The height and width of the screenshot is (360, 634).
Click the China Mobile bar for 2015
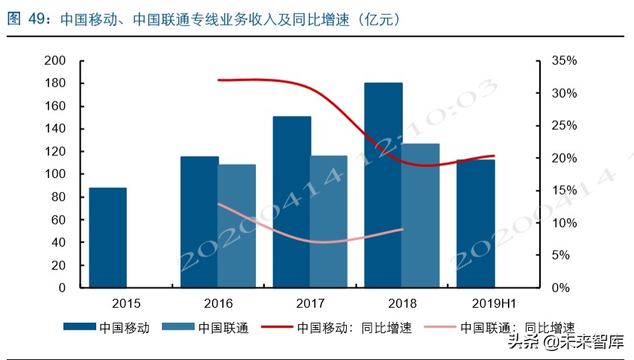point(107,237)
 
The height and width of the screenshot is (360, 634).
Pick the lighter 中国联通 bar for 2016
point(236,225)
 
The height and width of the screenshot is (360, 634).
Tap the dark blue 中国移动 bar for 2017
point(292,201)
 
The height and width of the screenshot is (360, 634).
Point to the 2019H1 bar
point(476,223)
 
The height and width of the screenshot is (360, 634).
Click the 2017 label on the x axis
point(310,303)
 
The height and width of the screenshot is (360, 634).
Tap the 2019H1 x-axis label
point(494,303)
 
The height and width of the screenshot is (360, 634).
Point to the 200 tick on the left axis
point(56,60)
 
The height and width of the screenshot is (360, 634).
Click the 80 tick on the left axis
point(59,197)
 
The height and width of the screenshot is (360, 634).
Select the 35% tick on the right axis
point(563,60)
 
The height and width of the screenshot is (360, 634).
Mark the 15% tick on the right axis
point(563,190)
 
